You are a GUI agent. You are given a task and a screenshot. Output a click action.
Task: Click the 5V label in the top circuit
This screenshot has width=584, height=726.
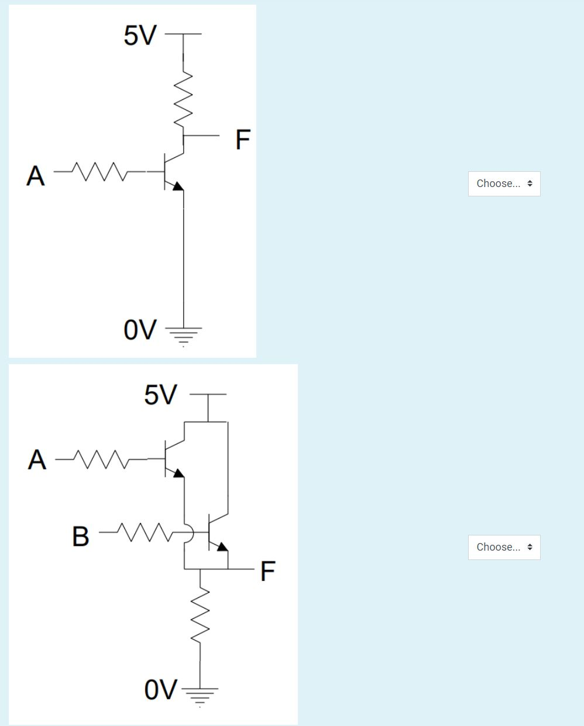click(x=140, y=36)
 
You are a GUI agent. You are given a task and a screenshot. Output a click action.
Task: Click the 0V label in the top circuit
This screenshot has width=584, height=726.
click(x=140, y=330)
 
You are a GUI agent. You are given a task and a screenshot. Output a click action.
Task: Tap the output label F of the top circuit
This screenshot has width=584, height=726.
click(x=242, y=140)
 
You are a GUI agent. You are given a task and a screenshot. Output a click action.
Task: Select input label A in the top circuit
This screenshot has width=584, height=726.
click(x=35, y=175)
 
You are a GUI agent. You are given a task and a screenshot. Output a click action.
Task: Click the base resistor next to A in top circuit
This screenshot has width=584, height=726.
click(x=99, y=171)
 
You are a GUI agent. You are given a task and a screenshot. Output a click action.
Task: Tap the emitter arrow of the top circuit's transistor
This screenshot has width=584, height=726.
click(x=177, y=186)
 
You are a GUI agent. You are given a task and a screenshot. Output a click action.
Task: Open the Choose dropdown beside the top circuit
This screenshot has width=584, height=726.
click(x=504, y=184)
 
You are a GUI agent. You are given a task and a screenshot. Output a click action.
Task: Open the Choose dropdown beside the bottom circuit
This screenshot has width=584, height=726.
click(x=504, y=547)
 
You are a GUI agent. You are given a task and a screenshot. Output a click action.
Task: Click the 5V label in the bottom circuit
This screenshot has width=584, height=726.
click(x=160, y=395)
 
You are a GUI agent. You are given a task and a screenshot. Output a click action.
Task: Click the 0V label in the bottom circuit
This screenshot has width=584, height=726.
click(x=160, y=690)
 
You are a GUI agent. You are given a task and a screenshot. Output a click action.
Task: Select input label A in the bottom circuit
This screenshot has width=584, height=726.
click(x=36, y=460)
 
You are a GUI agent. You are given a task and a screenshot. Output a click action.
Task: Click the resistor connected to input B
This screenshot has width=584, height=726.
click(x=143, y=532)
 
